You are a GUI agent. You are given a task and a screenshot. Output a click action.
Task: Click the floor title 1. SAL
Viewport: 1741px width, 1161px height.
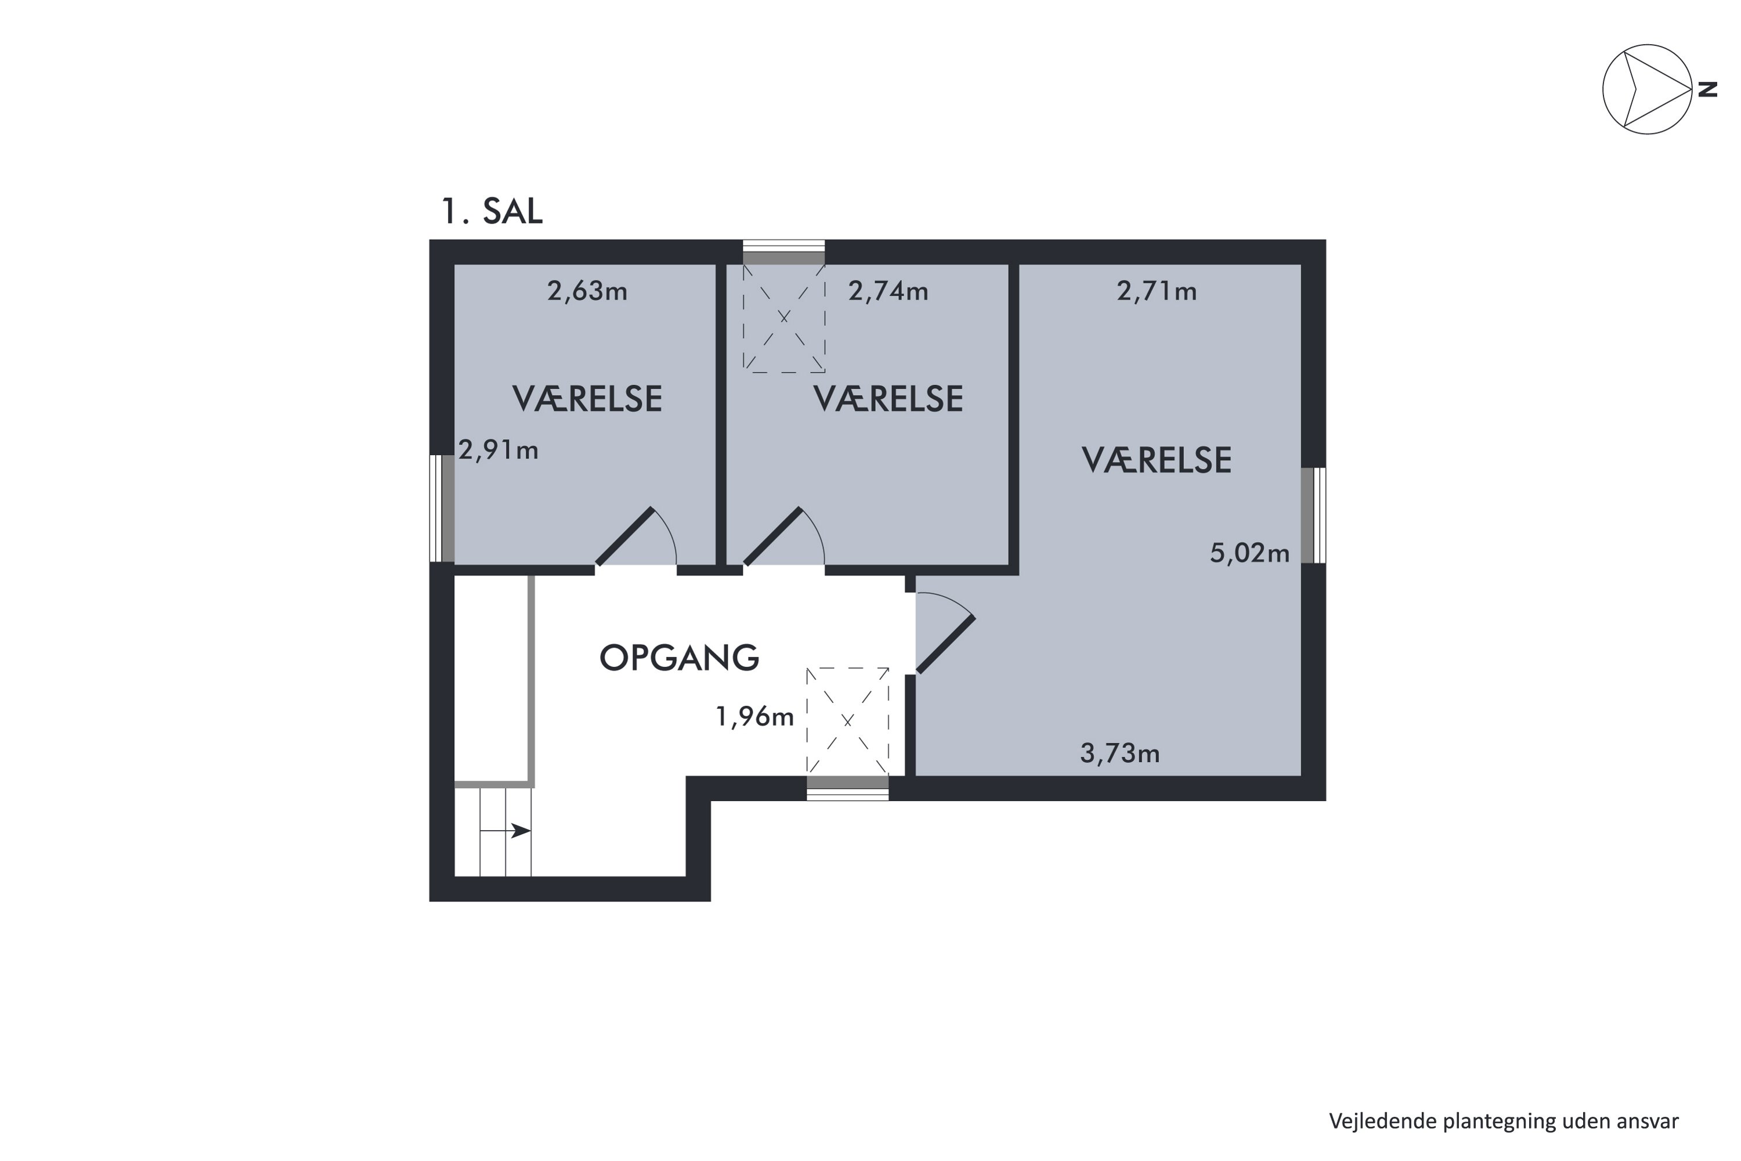coord(491,212)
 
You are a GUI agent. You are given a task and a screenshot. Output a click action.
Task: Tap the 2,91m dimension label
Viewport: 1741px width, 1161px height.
coord(498,450)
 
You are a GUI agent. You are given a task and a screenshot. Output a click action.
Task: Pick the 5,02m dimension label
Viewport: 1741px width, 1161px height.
coord(1249,553)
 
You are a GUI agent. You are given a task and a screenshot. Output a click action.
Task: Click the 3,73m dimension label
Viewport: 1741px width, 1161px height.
coord(1119,753)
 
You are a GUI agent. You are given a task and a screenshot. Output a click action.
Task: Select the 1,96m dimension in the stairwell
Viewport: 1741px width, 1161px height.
coord(754,717)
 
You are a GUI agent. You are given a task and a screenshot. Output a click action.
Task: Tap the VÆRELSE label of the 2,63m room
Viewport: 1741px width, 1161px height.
coord(587,399)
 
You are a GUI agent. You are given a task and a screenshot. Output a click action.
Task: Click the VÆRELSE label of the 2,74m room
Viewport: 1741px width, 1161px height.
coord(888,399)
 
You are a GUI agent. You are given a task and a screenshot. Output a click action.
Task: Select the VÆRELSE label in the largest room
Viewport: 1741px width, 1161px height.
coord(1156,460)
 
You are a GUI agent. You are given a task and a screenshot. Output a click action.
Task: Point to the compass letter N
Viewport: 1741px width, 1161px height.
coord(1707,89)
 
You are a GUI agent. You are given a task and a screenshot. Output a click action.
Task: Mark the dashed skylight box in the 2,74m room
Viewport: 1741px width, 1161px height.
coord(784,318)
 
